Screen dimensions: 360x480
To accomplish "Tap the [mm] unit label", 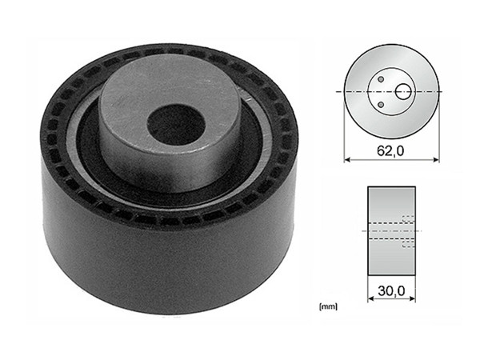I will click(x=327, y=306).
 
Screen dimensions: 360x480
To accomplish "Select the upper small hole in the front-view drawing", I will click(x=382, y=80).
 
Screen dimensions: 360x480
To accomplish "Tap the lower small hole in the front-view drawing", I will click(x=382, y=105).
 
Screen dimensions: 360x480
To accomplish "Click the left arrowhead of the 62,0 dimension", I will click(x=348, y=157).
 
